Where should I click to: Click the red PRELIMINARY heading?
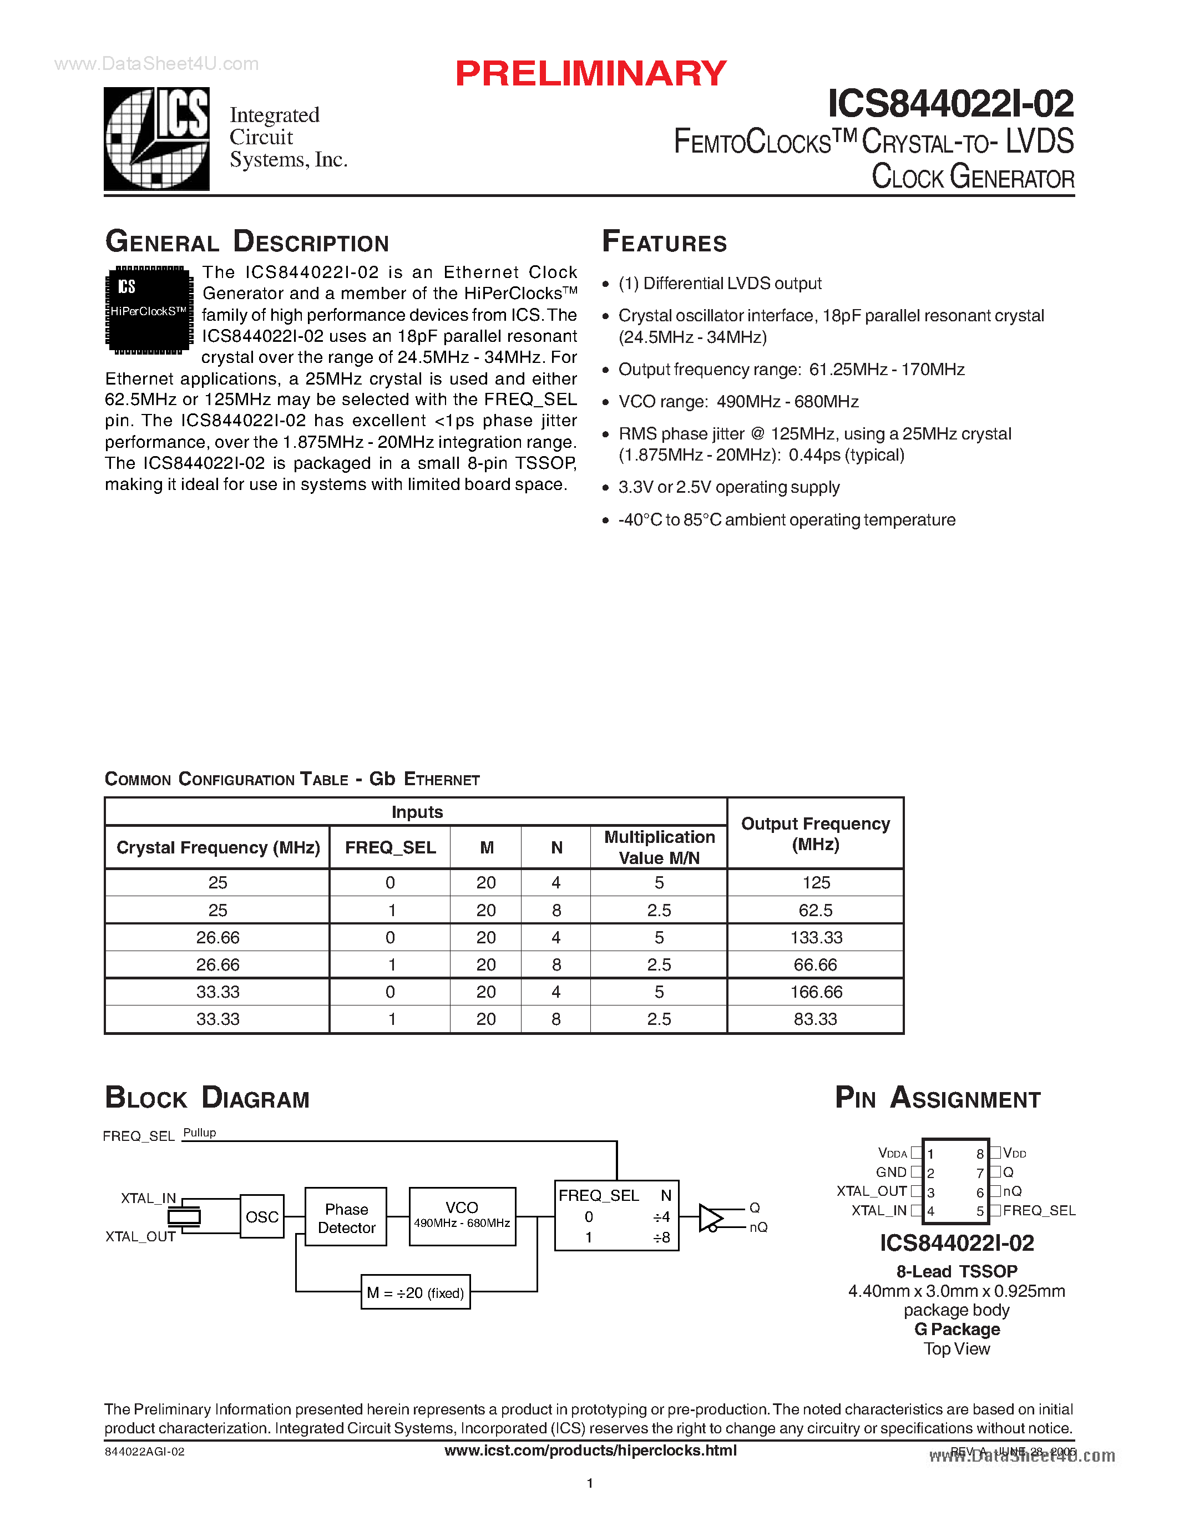pyautogui.click(x=590, y=74)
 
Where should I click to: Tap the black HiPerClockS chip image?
pyautogui.click(x=149, y=310)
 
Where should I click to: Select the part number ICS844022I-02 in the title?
pyautogui.click(x=950, y=104)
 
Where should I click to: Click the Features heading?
pyautogui.click(x=664, y=242)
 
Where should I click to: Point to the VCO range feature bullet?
pyautogui.click(x=738, y=402)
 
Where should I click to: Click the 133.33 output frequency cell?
pyautogui.click(x=816, y=938)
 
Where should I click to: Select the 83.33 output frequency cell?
pyautogui.click(x=815, y=1019)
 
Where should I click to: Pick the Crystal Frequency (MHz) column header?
pyautogui.click(x=218, y=847)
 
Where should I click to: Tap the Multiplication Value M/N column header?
pyautogui.click(x=659, y=847)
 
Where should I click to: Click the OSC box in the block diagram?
pyautogui.click(x=262, y=1217)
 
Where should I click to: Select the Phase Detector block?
pyautogui.click(x=346, y=1218)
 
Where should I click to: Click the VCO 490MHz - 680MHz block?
pyautogui.click(x=462, y=1216)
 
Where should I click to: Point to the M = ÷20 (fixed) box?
pyautogui.click(x=415, y=1292)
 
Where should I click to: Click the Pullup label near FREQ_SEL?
pyautogui.click(x=200, y=1133)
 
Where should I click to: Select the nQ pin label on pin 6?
pyautogui.click(x=1012, y=1191)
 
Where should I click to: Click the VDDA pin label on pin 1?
pyautogui.click(x=892, y=1154)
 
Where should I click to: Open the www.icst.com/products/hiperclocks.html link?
pyautogui.click(x=590, y=1451)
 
